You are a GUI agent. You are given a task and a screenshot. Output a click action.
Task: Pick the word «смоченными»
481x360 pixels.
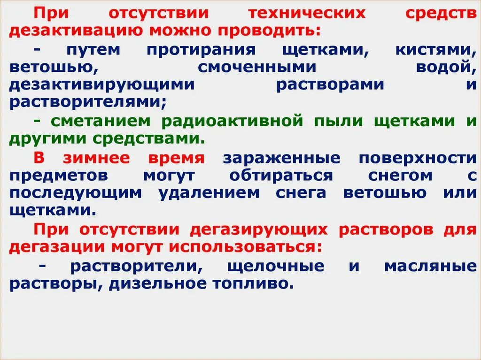257,67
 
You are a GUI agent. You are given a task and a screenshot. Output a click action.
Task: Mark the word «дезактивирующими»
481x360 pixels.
101,84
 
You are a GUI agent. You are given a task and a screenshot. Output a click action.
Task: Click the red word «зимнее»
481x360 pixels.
102,158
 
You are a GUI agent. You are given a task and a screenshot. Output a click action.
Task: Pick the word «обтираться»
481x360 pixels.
282,176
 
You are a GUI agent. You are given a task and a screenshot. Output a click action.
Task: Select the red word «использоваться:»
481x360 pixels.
241,247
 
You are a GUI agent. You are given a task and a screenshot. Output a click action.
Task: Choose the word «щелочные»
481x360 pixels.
275,266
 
